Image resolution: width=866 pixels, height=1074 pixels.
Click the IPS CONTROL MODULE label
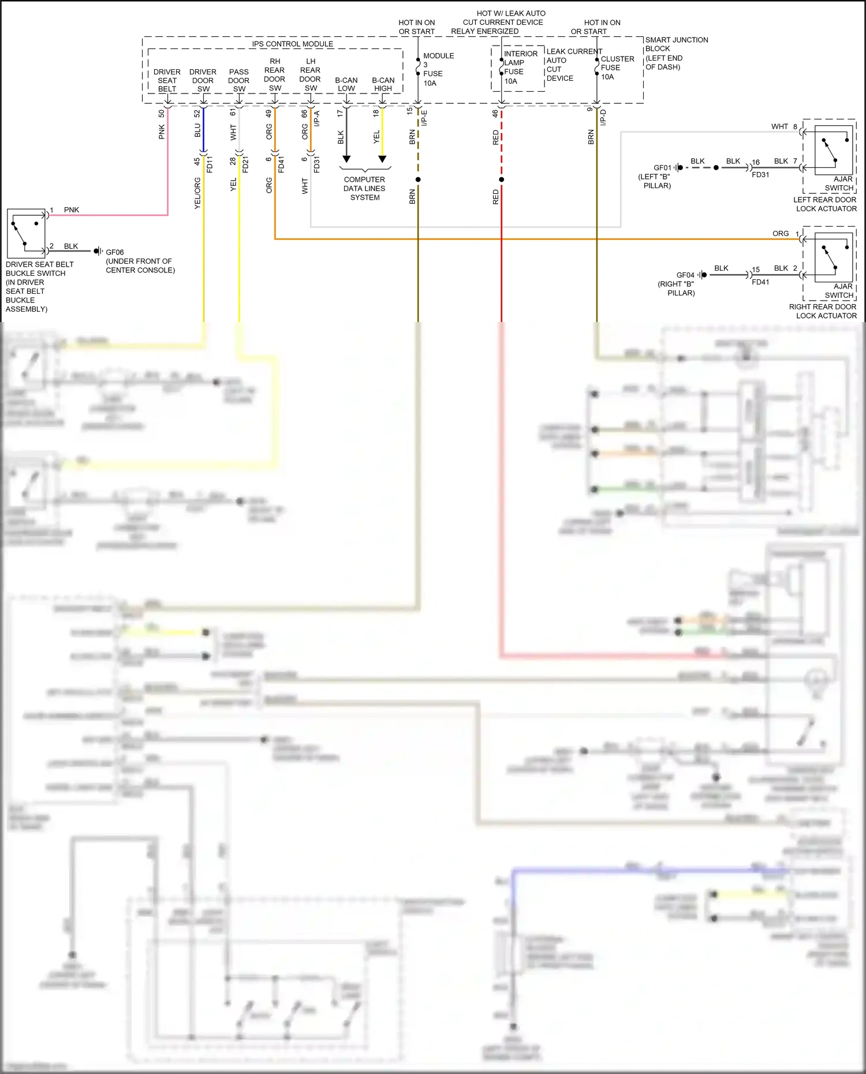(292, 44)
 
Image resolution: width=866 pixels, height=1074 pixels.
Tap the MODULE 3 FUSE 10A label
(437, 69)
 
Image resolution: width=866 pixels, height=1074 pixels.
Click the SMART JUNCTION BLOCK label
(675, 53)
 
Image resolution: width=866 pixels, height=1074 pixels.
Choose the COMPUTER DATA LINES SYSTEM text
(364, 188)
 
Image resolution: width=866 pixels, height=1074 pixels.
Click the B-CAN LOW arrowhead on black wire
(346, 159)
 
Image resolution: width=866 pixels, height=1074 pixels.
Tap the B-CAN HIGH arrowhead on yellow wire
(382, 159)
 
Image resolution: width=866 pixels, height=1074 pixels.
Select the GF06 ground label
(114, 252)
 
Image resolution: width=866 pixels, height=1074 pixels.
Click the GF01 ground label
(663, 168)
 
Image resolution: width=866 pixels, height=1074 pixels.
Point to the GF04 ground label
(685, 275)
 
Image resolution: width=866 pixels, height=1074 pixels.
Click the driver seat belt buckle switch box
(26, 233)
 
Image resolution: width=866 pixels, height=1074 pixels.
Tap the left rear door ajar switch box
(834, 151)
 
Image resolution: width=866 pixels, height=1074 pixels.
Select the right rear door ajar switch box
(834, 257)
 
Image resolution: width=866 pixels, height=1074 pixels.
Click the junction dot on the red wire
(502, 179)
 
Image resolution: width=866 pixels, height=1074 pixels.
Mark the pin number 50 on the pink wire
(162, 114)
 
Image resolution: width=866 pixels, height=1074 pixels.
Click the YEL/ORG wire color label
(197, 193)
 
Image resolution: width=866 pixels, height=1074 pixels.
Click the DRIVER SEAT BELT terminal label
(167, 80)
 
